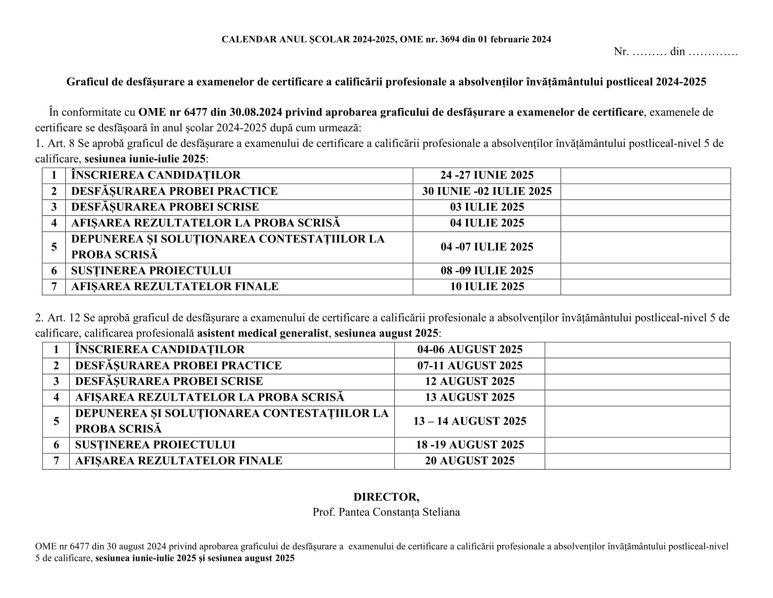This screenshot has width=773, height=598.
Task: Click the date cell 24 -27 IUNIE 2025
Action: pos(487,175)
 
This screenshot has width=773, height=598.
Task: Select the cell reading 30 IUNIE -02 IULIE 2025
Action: pos(487,191)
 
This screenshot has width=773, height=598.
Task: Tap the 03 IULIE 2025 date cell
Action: pos(487,207)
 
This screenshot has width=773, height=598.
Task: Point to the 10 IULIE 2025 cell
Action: pos(487,287)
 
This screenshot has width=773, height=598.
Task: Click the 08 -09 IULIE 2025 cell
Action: pos(487,271)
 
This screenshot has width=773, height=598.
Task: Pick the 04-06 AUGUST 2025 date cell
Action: pos(469,350)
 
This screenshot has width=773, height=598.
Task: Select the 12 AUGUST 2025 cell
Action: pos(469,382)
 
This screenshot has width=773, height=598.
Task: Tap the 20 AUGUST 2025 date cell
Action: pos(469,461)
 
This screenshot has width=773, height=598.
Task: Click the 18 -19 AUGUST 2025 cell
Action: pos(469,445)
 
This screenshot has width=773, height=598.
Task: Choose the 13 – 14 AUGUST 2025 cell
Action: pos(469,421)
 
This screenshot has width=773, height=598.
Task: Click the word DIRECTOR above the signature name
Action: pos(386,497)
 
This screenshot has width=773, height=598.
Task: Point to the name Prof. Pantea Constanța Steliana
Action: pos(386,513)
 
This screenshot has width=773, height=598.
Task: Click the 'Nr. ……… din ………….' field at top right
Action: pos(675,52)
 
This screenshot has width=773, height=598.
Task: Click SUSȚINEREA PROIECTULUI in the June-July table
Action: pos(151,271)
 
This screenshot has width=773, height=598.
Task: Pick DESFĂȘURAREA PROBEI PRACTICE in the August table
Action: pos(178,365)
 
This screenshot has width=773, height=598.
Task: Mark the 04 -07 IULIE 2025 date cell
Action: pos(487,247)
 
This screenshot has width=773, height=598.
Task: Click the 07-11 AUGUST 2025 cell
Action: pos(469,365)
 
